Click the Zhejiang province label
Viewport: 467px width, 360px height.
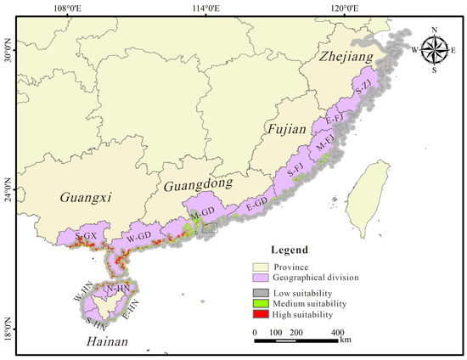[346, 58]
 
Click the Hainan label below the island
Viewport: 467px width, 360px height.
[106, 341]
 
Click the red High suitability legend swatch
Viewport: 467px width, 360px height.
[262, 314]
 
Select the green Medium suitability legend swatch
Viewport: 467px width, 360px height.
[262, 303]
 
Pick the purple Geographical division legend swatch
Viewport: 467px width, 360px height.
[262, 277]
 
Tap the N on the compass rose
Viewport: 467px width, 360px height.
[435, 30]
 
